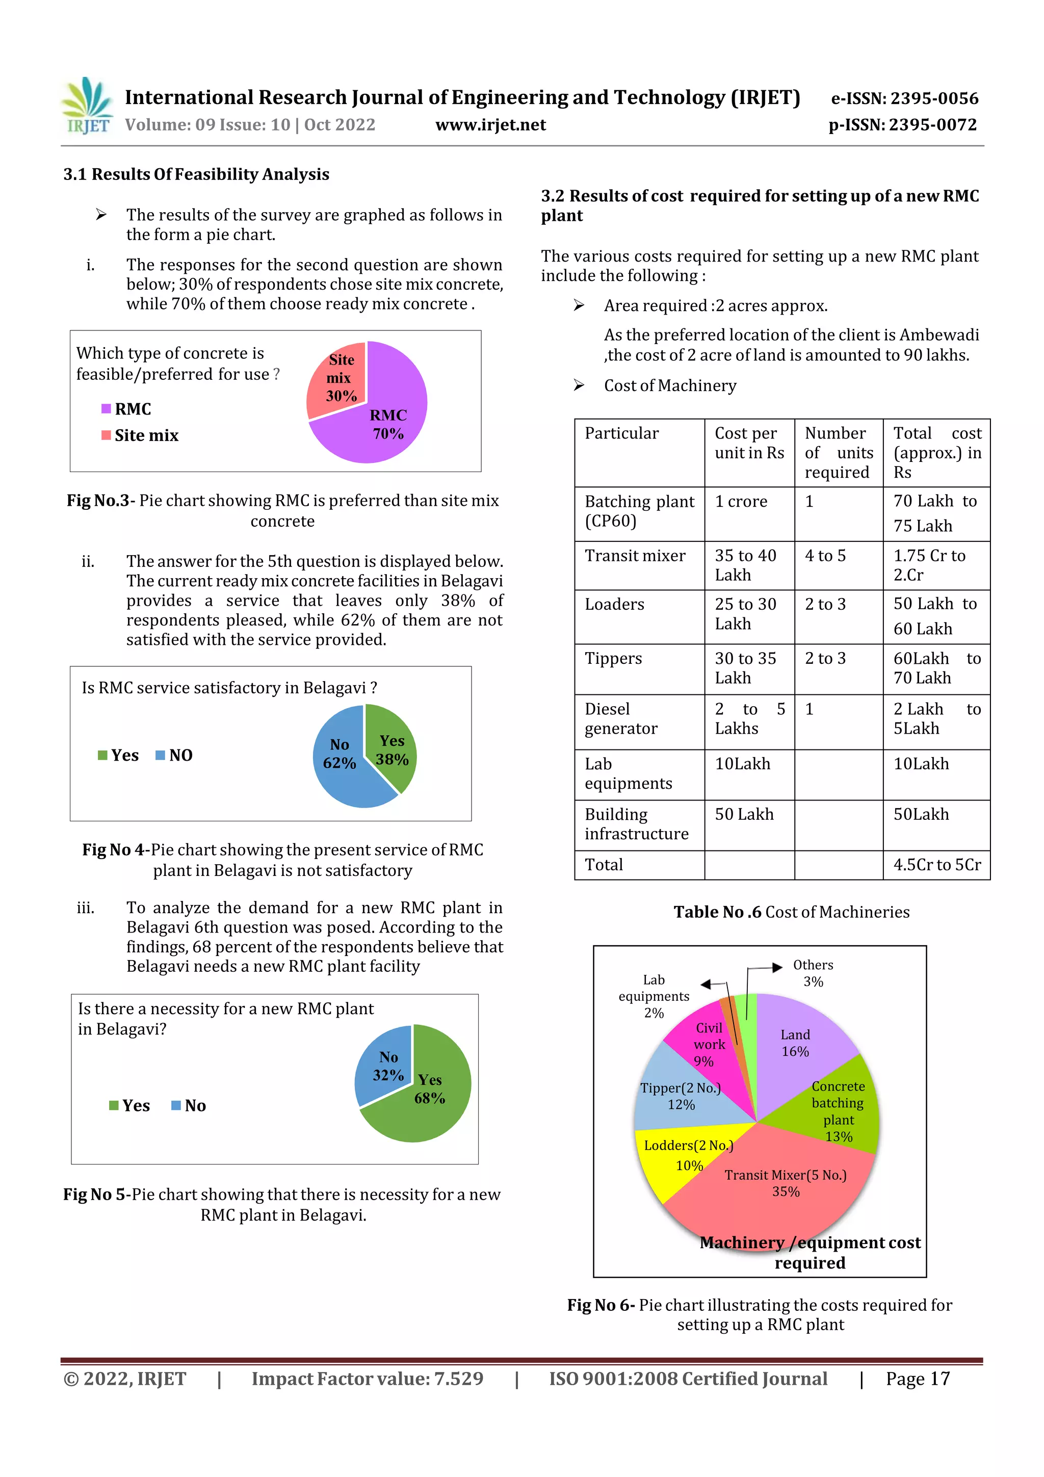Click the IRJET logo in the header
(87, 106)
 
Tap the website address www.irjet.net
(490, 125)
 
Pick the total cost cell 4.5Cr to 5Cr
(936, 865)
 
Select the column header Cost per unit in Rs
(749, 443)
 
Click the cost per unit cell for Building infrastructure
(744, 814)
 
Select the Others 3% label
(813, 973)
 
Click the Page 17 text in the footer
(917, 1379)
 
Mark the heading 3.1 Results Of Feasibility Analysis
(196, 174)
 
